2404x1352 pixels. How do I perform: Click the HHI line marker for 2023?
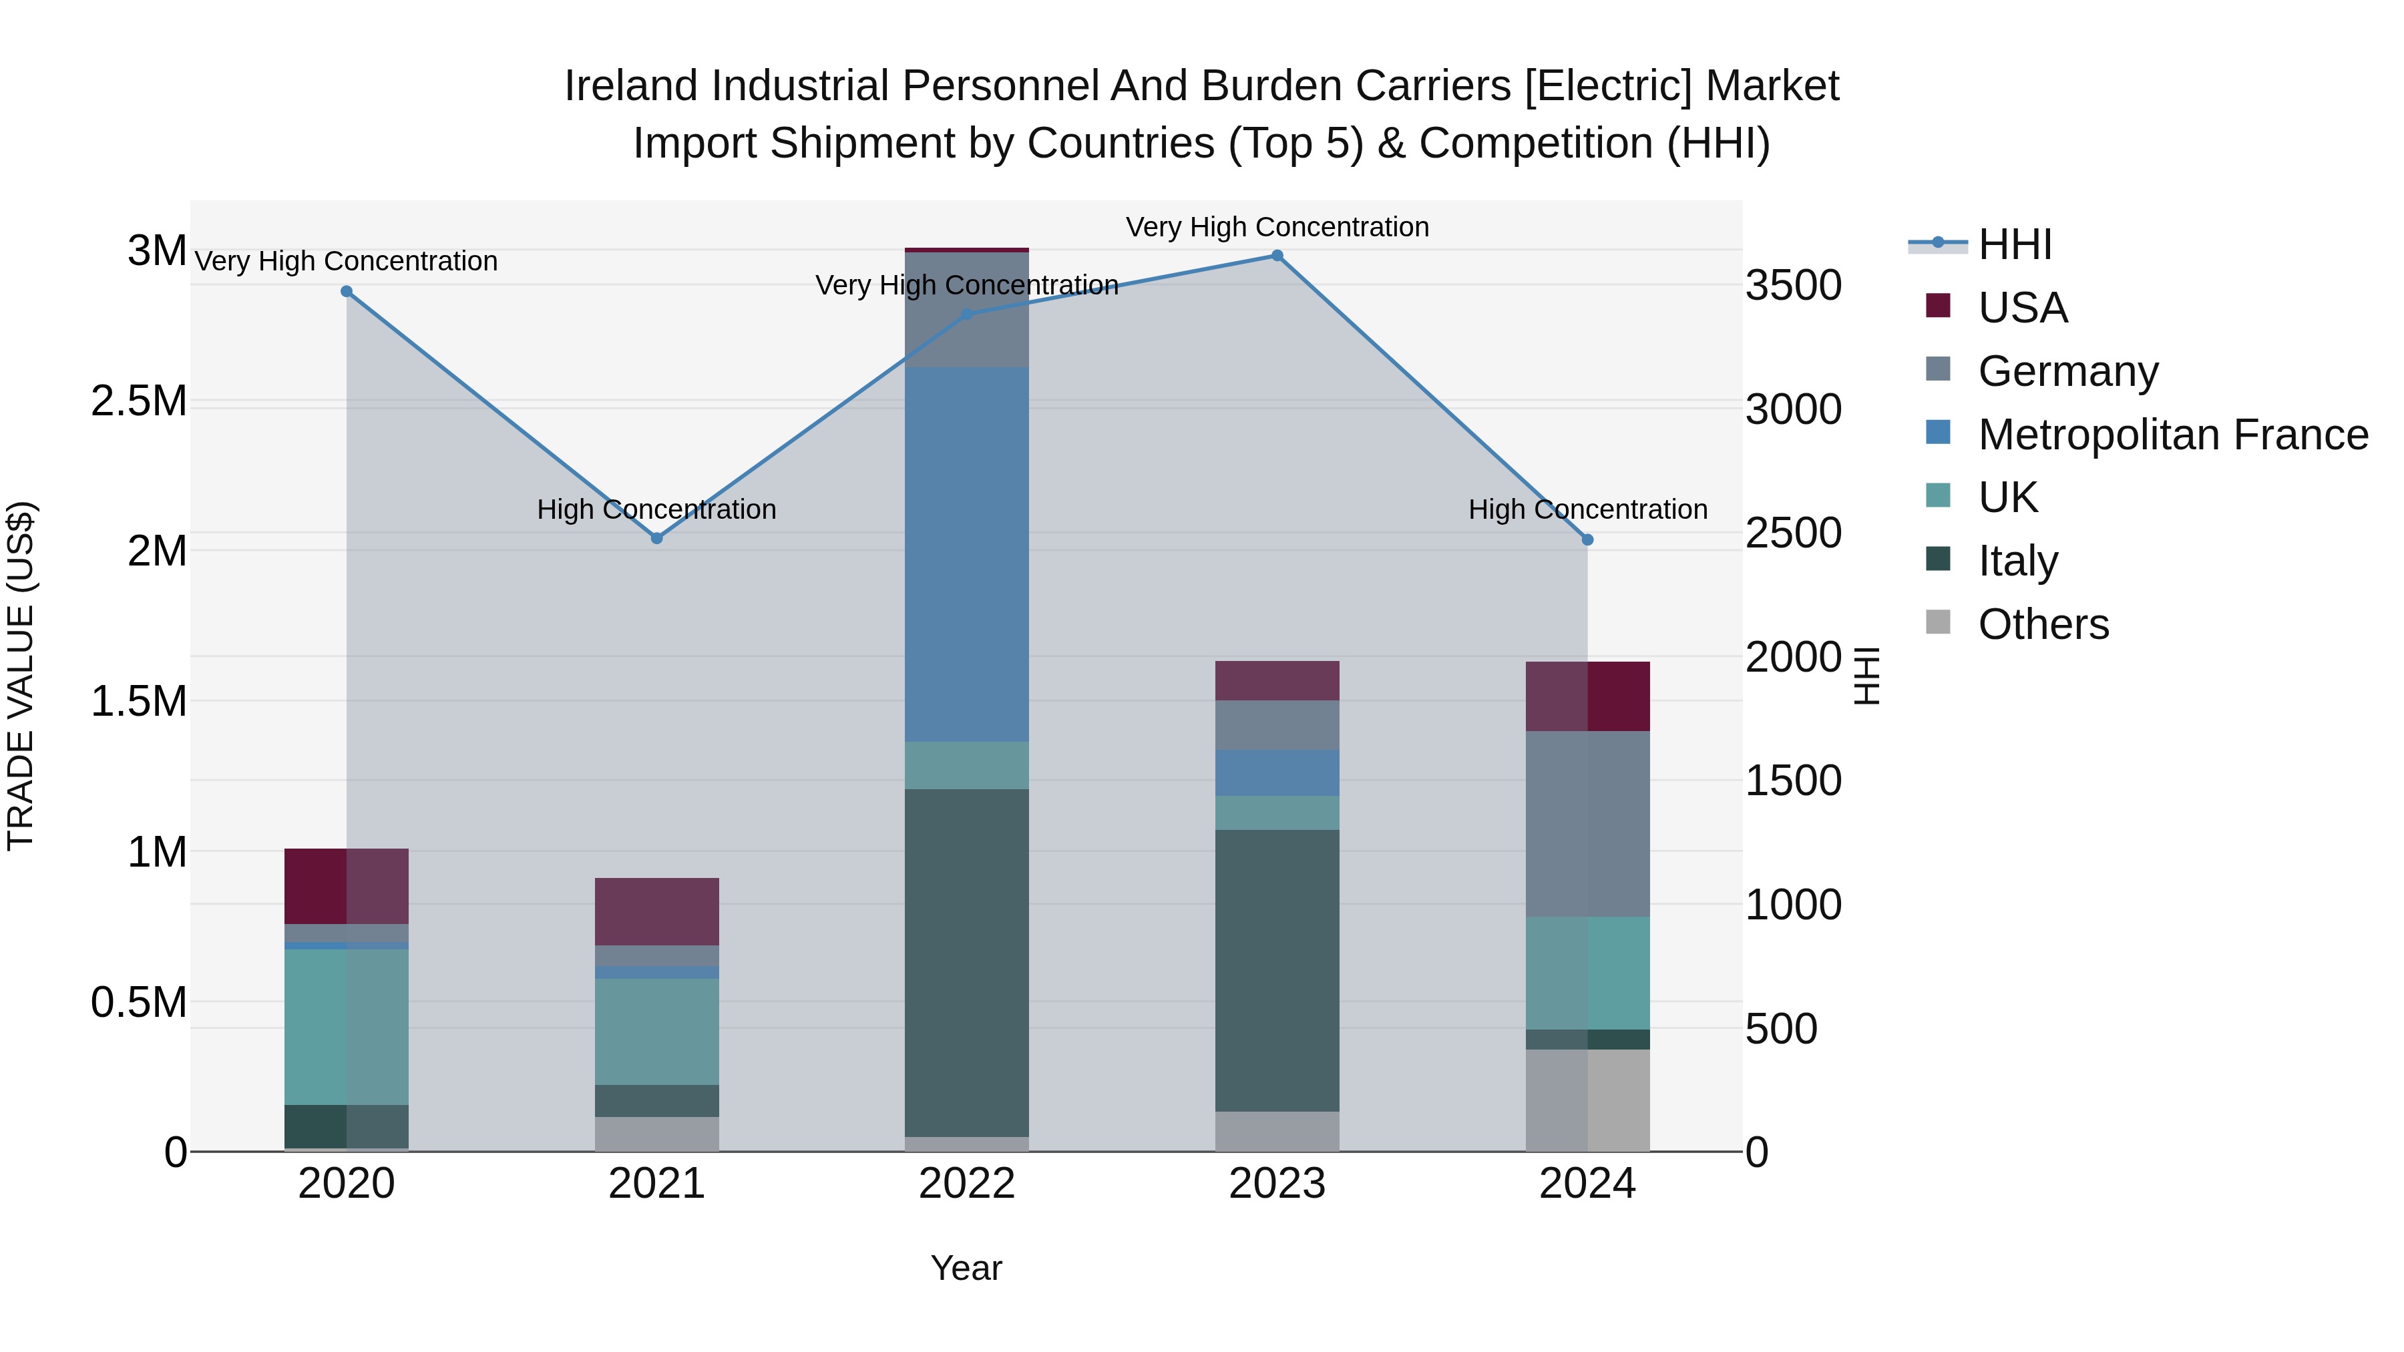tap(1277, 256)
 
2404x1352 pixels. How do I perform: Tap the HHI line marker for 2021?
tap(656, 538)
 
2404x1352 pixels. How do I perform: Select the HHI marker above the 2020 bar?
tap(346, 292)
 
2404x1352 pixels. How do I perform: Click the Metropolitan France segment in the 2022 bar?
tap(967, 555)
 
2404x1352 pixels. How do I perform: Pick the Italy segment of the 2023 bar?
tap(1277, 970)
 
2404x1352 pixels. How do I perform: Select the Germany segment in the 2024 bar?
tap(1587, 824)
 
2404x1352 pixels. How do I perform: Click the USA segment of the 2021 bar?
tap(656, 911)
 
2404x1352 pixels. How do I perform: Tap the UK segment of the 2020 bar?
tap(346, 1026)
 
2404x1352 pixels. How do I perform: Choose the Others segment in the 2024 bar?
tap(1587, 1100)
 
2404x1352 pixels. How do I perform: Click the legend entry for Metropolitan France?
tap(2172, 435)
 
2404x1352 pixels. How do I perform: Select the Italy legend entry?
tap(2017, 561)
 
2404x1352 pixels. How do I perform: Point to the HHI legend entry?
tap(2014, 244)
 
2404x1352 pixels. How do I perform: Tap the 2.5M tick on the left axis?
tap(139, 401)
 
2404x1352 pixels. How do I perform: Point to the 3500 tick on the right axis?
tap(1793, 286)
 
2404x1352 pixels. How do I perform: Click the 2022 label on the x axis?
tap(967, 1184)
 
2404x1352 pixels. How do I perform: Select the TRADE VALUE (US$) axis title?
tap(21, 676)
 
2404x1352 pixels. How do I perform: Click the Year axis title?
tap(966, 1268)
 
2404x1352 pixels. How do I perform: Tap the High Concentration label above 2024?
tap(1587, 509)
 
